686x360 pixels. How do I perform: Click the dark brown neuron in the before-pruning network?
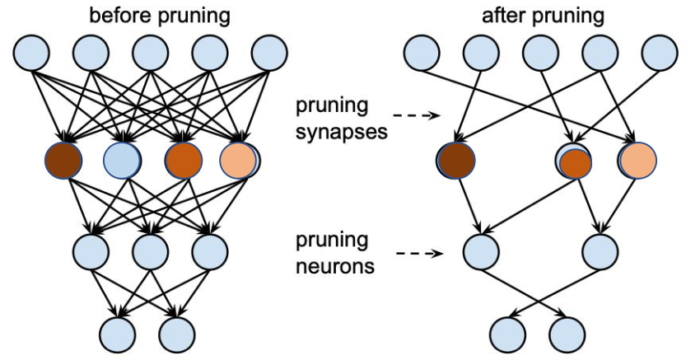[63, 161]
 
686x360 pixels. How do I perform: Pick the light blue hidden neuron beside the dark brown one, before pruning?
[122, 161]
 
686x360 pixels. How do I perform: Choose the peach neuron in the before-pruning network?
[238, 161]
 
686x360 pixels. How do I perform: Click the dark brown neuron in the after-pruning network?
[457, 161]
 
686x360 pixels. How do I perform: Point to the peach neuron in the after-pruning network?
[637, 161]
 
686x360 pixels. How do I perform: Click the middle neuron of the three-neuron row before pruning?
[150, 250]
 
